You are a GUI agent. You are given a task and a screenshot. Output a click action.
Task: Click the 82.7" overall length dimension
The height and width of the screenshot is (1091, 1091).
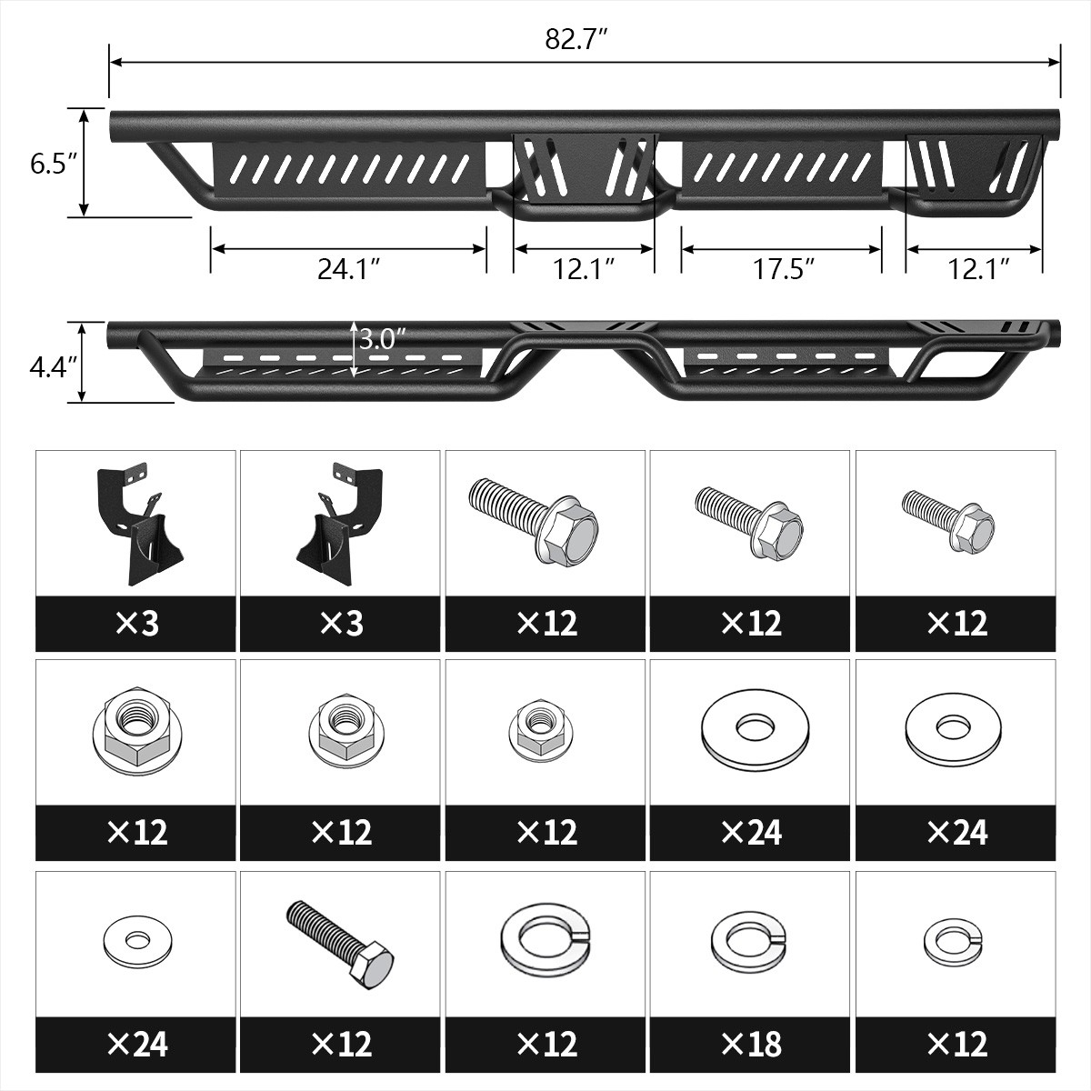576,40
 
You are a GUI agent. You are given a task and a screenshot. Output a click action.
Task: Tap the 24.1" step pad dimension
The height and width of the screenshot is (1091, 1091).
348,269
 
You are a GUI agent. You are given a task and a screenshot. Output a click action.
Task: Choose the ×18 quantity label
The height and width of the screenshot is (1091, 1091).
750,1044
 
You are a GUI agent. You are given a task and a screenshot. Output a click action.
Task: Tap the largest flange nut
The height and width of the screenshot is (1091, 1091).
135,729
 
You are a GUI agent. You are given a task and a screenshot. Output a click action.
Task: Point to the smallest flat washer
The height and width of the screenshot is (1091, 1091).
135,940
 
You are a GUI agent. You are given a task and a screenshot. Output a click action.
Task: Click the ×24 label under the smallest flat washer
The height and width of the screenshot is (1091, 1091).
136,1044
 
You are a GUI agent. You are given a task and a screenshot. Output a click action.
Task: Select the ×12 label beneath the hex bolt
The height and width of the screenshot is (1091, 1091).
341,1044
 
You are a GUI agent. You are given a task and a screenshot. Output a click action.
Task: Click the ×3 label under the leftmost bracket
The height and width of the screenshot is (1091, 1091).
136,623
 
